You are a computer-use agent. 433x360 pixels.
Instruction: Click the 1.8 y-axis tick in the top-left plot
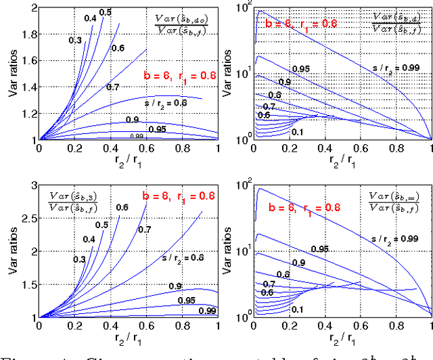(x=26, y=31)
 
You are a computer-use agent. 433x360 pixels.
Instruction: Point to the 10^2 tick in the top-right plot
(x=243, y=6)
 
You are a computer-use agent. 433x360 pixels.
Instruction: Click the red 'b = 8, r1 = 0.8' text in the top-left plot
(x=179, y=76)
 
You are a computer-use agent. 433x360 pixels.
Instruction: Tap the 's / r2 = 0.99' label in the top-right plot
(x=396, y=68)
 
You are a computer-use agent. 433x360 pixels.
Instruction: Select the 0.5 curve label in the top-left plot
(x=105, y=12)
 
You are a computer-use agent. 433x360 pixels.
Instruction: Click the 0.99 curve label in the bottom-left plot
(x=208, y=310)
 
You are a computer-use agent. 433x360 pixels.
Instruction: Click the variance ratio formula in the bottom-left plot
(x=74, y=202)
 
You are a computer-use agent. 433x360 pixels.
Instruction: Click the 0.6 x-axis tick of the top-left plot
(x=147, y=148)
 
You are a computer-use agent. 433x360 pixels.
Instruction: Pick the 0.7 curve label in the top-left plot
(x=112, y=87)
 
